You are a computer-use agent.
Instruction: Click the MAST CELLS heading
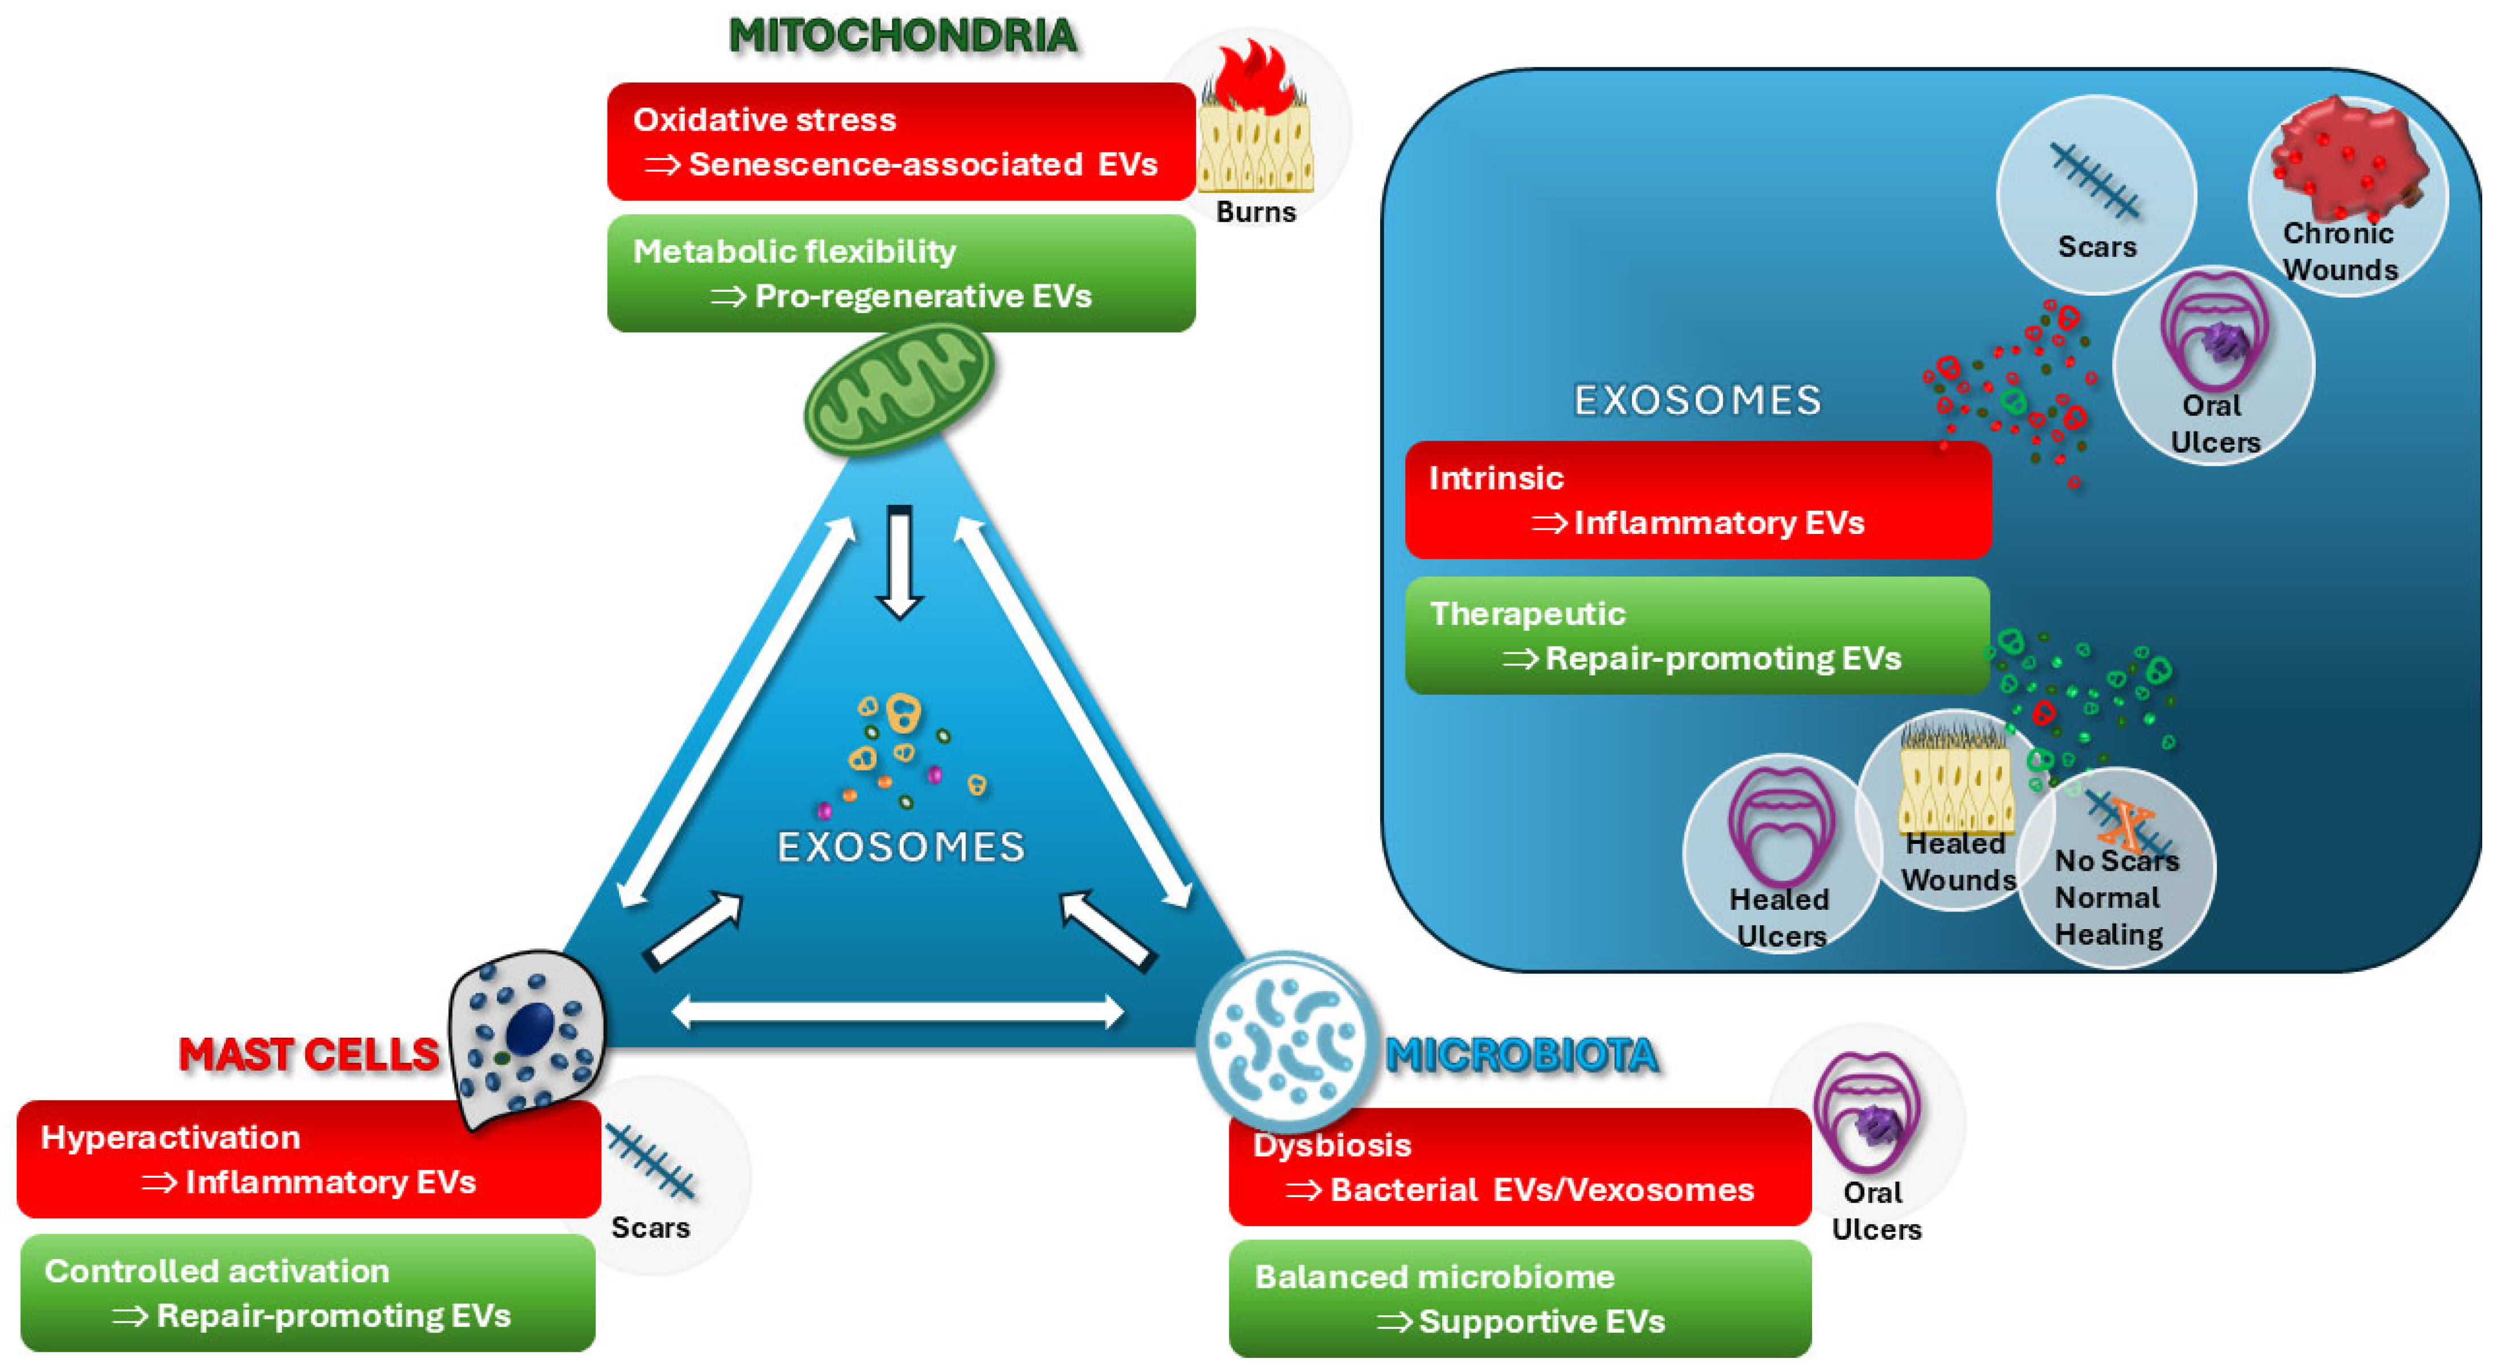point(309,1054)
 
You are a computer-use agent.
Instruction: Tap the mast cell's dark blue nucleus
point(530,1028)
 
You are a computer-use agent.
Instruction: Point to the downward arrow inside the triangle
point(899,562)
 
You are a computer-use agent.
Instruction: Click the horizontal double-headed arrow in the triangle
point(898,1012)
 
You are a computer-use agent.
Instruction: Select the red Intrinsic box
point(1697,500)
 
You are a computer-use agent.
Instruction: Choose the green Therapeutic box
point(1697,636)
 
